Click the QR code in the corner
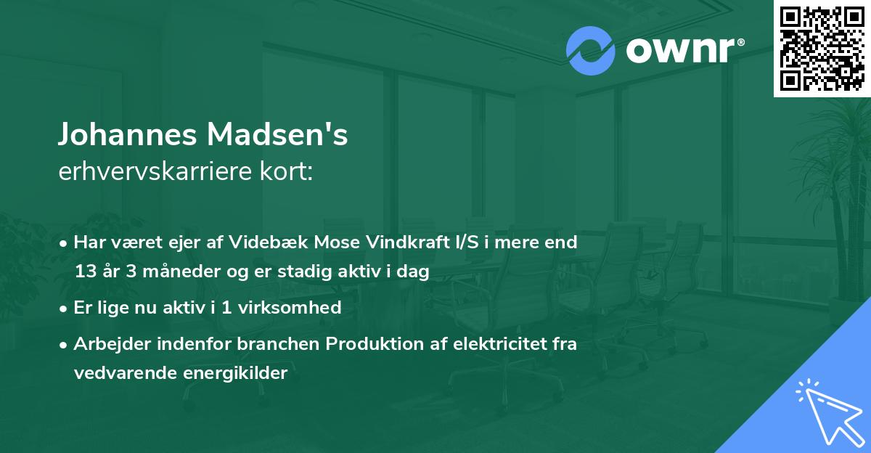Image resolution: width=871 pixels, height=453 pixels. (822, 48)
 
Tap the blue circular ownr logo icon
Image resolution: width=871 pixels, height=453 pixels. (590, 51)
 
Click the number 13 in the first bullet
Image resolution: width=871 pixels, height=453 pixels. (85, 272)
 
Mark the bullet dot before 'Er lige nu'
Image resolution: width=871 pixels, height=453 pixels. (65, 308)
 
